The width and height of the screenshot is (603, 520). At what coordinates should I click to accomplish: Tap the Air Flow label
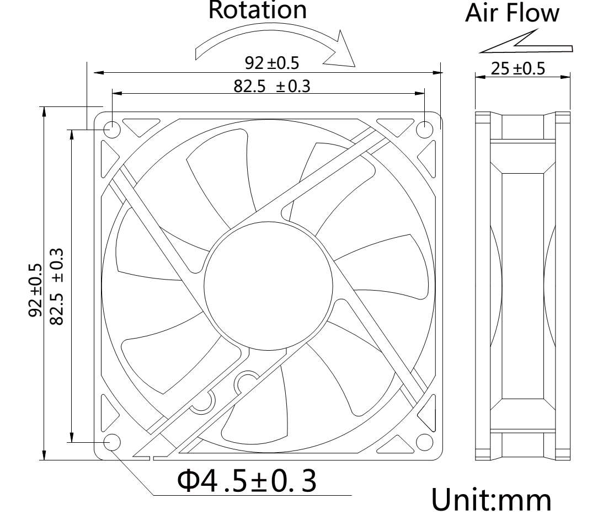512,13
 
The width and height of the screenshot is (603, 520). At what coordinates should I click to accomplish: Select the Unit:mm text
491,499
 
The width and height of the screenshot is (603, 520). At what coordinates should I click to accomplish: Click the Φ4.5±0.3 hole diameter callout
247,480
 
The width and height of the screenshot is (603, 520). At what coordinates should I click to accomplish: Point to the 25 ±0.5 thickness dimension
517,68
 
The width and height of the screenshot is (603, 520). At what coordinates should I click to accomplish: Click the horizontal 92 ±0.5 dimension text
271,63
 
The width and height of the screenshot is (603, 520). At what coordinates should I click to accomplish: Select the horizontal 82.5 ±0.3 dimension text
271,85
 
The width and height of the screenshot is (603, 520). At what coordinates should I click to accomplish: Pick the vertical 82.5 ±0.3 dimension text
56,286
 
